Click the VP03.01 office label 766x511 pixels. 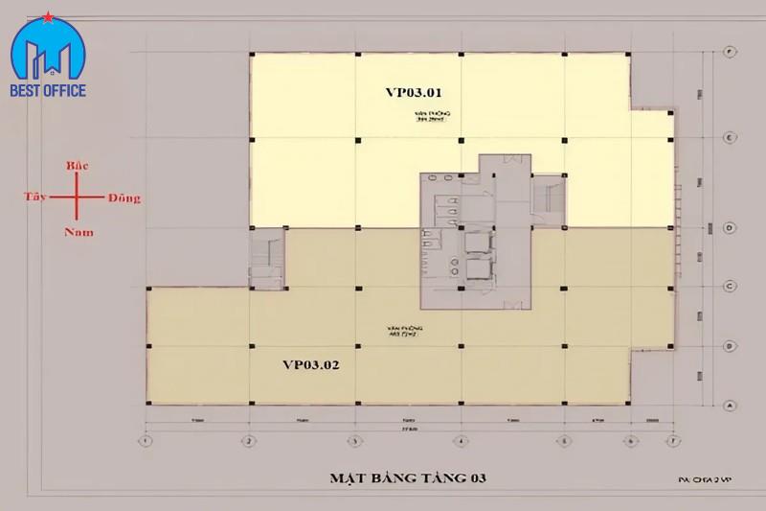pyautogui.click(x=413, y=93)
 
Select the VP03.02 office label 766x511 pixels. pyautogui.click(x=311, y=364)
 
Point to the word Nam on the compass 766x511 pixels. pyautogui.click(x=79, y=231)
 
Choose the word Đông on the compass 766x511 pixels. pyautogui.click(x=124, y=198)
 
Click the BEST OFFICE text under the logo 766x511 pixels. pyautogui.click(x=49, y=91)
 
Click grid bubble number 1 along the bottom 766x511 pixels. pyautogui.click(x=146, y=441)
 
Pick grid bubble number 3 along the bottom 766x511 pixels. pyautogui.click(x=354, y=441)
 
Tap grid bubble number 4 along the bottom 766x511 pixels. pyautogui.click(x=461, y=441)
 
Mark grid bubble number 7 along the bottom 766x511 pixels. pyautogui.click(x=674, y=441)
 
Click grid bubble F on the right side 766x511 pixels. pyautogui.click(x=730, y=50)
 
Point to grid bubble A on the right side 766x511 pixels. pyautogui.click(x=730, y=405)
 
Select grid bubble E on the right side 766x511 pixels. pyautogui.click(x=730, y=138)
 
